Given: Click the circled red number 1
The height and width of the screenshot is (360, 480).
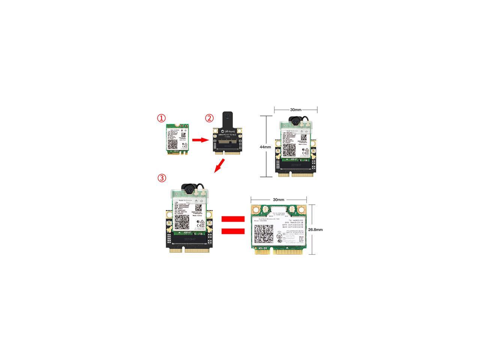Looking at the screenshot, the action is pos(161,118).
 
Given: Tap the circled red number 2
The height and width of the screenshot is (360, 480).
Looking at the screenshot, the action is pos(209,118).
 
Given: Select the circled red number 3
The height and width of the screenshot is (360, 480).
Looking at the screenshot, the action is pos(161,178).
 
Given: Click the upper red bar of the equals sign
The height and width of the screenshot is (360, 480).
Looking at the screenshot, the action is pos(232,219).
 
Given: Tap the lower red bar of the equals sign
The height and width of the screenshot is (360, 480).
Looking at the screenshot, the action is pos(232,231).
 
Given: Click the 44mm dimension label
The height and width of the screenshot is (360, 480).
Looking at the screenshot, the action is pos(265,147).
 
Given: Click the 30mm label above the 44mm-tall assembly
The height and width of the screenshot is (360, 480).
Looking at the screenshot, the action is pos(295,110).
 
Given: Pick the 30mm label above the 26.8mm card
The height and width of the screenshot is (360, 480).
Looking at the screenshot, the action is pos(278,200).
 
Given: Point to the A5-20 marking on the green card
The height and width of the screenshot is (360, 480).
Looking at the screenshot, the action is pos(262,248).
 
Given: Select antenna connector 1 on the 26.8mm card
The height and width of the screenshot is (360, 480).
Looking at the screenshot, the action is pos(258,209).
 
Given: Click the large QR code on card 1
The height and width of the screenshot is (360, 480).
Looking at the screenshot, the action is pos(173,145).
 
